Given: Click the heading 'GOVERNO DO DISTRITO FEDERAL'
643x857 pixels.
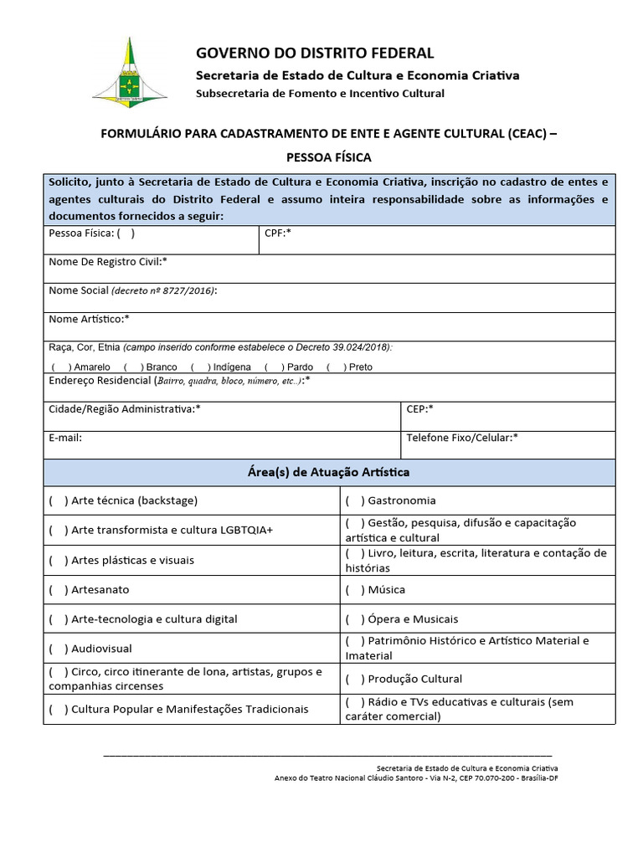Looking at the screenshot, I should point(315,53).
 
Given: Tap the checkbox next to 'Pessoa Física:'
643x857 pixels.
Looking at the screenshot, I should point(126,233).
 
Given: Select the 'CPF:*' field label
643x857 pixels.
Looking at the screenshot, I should point(277,233).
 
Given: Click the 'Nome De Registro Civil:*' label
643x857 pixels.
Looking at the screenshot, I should point(108,262).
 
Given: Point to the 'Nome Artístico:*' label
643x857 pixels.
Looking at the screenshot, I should point(90,319).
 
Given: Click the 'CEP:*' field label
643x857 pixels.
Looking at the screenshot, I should point(419,408).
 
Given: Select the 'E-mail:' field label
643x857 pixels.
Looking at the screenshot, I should point(65,437).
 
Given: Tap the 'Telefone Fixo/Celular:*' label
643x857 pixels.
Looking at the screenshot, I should point(462,437).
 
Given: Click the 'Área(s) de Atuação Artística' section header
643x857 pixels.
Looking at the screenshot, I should point(329,473).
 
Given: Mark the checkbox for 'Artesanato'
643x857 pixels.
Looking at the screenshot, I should point(59,589).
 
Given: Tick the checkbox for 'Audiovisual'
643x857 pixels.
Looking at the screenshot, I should point(59,649).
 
